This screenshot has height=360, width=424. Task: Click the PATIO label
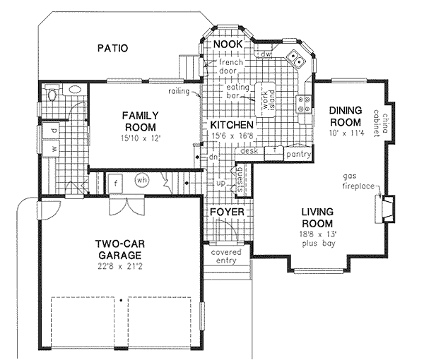[x=112, y=49]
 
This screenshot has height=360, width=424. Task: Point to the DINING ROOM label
[x=346, y=116]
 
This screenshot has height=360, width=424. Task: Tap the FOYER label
[x=227, y=212]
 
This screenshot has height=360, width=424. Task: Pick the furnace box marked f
[x=114, y=181]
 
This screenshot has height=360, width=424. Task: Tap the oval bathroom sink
[x=51, y=92]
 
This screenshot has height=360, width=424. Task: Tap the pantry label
[x=297, y=152]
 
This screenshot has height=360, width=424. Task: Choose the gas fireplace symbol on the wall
[x=386, y=208]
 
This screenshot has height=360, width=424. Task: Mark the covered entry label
[x=227, y=256]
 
